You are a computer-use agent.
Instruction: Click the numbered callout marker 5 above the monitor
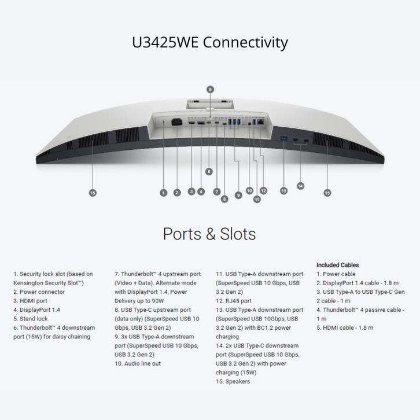(210, 89)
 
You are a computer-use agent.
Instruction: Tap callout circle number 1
(164, 193)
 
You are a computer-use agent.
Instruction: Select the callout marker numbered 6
(209, 171)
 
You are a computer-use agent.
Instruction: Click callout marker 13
(283, 190)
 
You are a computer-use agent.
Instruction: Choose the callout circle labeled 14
(300, 186)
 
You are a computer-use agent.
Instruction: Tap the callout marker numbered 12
(263, 190)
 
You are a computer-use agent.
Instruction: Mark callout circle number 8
(224, 199)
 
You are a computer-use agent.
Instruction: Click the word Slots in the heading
(238, 234)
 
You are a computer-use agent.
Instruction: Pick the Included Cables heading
(337, 265)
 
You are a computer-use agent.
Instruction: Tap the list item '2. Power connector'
(39, 292)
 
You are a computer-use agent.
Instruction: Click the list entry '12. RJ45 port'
(234, 301)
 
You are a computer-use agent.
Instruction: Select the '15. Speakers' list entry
(234, 381)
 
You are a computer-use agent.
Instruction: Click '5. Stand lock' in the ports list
(30, 319)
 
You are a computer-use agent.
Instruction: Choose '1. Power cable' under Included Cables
(336, 274)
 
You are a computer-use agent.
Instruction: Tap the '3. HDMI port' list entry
(30, 301)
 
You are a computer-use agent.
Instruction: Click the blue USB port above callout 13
(283, 138)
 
